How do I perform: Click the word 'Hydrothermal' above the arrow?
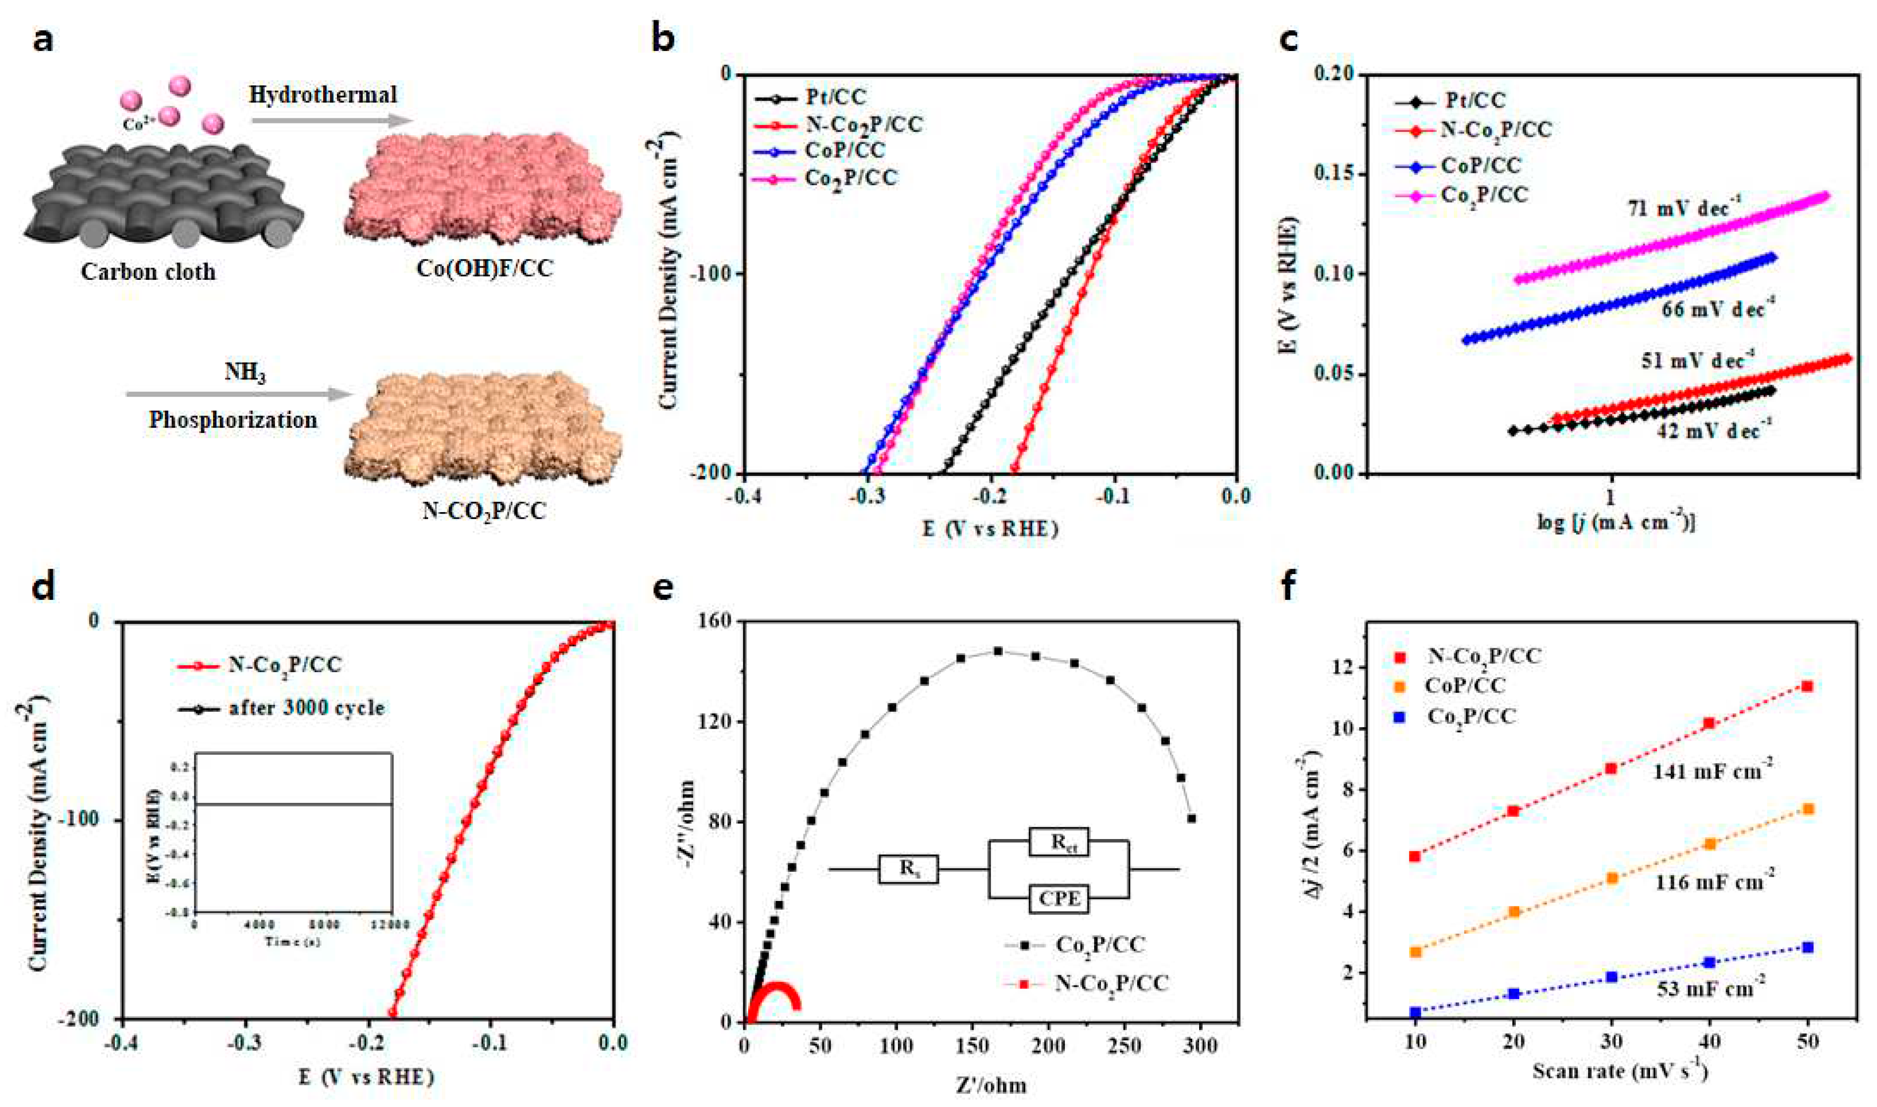[323, 95]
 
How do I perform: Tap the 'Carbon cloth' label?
[149, 271]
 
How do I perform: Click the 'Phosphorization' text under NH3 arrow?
[233, 420]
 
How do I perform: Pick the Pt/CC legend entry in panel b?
[835, 98]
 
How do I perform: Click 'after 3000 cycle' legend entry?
[306, 707]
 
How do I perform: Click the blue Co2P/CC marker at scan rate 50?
[1807, 968]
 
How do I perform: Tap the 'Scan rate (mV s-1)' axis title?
[1619, 1072]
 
